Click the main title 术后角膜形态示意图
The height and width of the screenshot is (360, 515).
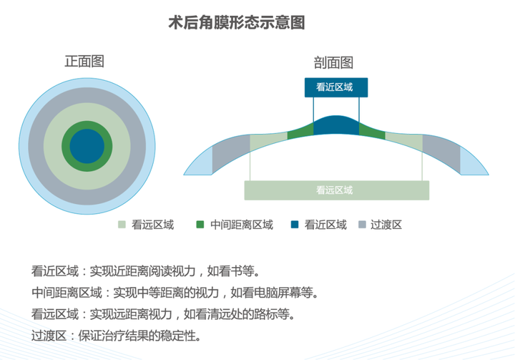pos(237,23)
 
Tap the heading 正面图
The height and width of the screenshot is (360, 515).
pos(84,62)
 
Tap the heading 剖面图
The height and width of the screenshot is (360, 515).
pos(333,62)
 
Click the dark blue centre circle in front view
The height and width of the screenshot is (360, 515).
pos(87,146)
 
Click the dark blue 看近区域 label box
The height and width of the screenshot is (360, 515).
pos(336,87)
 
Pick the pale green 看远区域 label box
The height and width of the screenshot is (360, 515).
pos(337,190)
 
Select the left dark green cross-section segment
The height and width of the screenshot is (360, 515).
pos(300,131)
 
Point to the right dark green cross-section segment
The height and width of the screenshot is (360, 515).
pos(372,131)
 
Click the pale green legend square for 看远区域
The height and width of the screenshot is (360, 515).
pos(122,225)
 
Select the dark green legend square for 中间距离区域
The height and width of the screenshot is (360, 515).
pos(200,225)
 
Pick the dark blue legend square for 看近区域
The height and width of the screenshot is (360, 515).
pos(295,225)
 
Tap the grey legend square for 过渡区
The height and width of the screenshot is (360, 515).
pos(362,225)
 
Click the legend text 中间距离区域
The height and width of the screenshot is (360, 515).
pos(242,225)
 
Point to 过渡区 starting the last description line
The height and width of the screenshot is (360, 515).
pos(49,336)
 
